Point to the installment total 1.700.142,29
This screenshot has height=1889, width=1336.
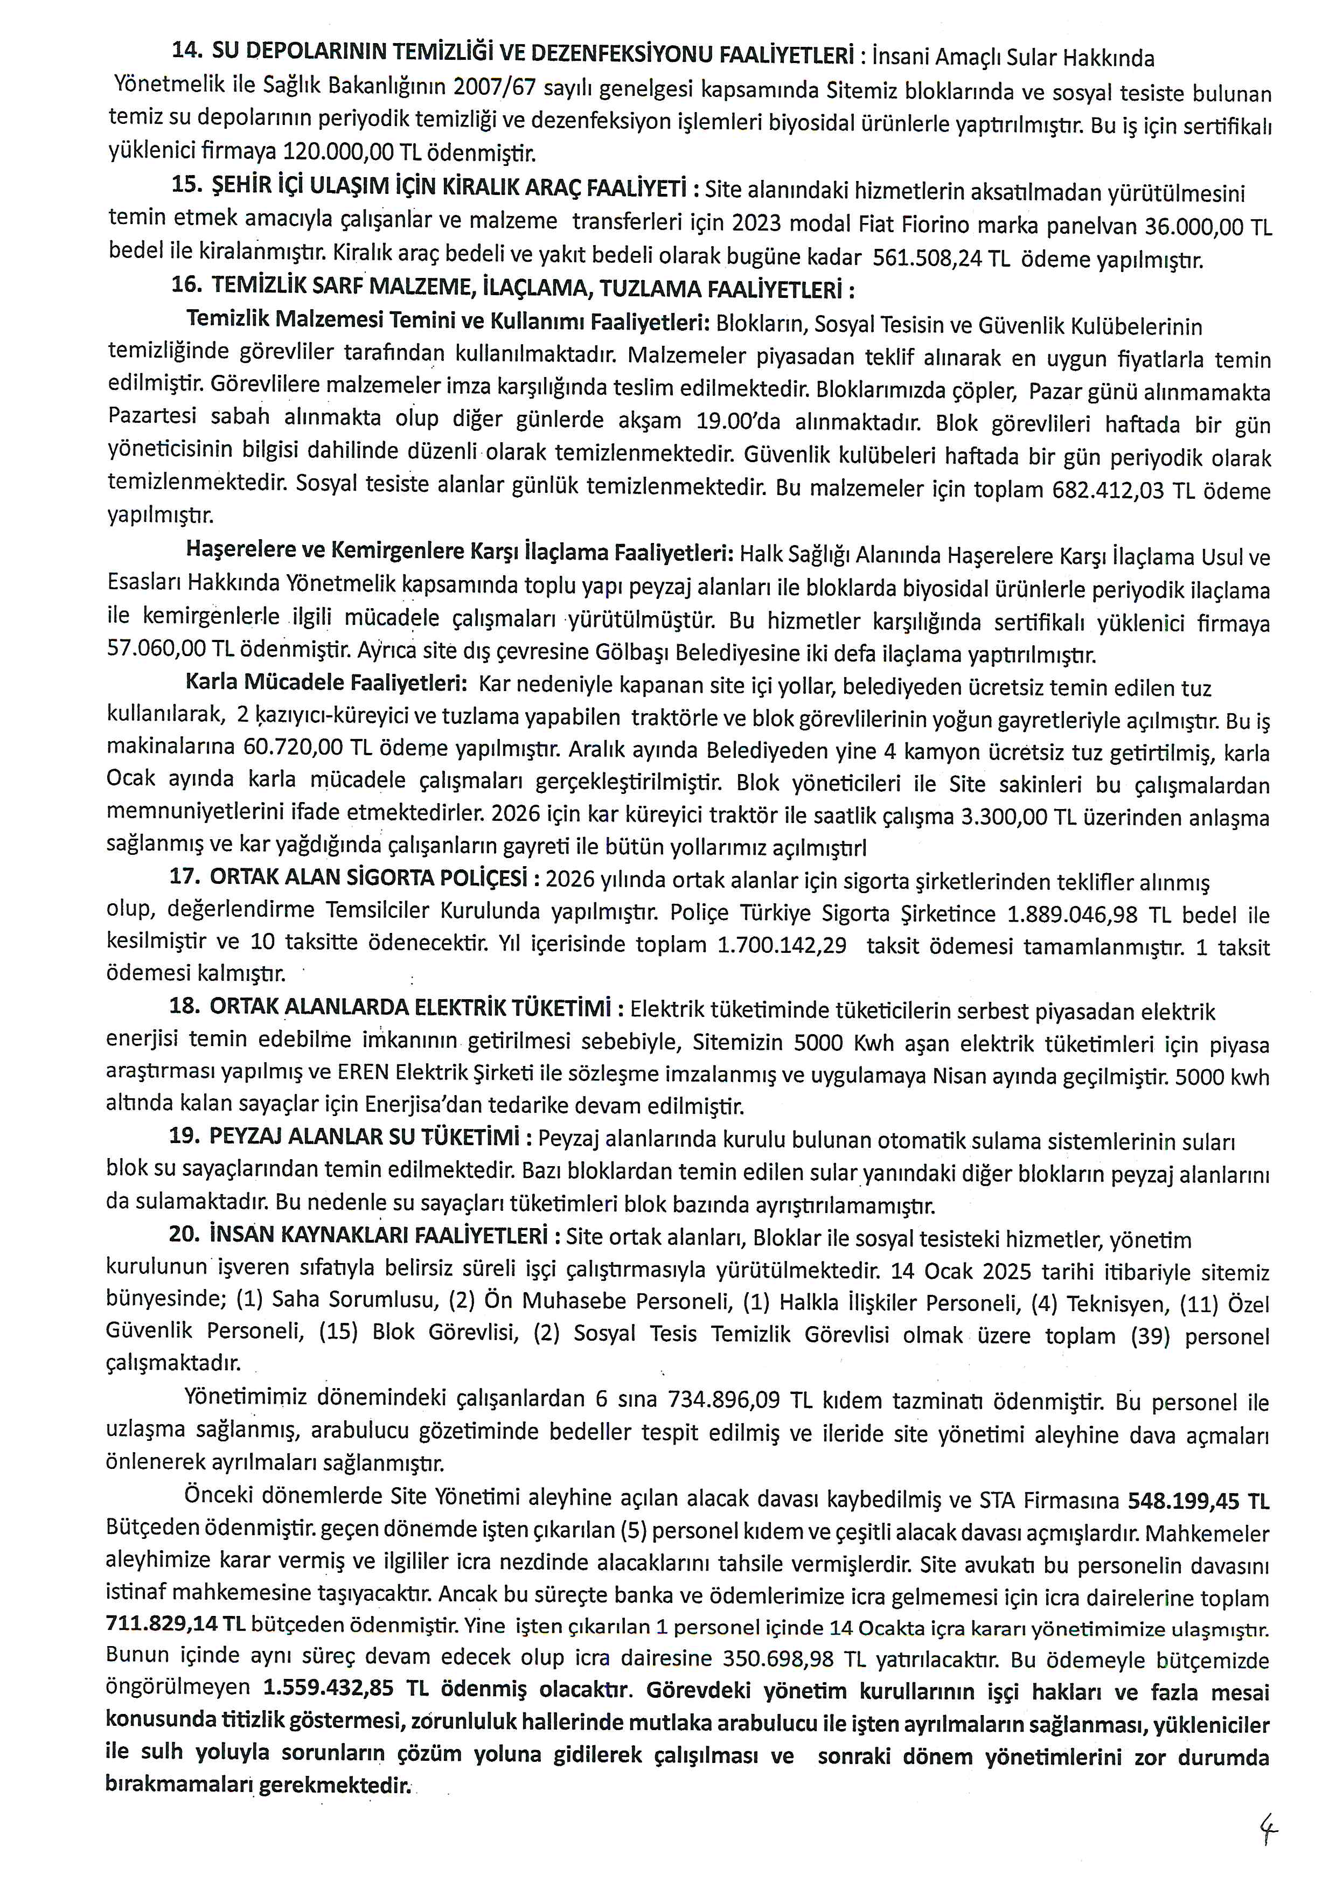pos(782,945)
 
